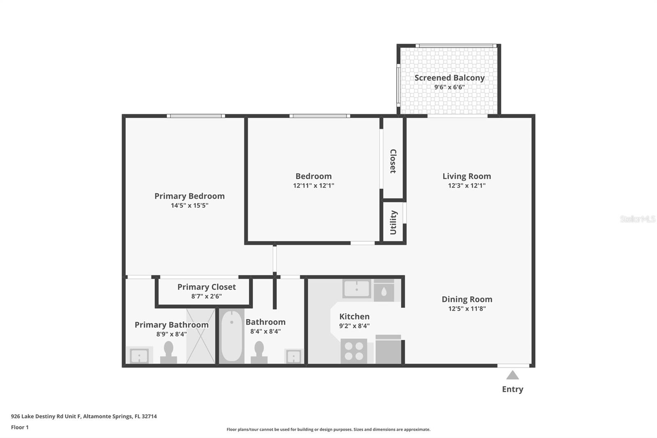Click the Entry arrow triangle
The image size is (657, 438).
coord(512,375)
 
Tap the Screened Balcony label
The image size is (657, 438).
coord(449,78)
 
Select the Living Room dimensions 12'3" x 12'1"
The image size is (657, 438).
coord(466,186)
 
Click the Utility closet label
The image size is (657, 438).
coord(393,222)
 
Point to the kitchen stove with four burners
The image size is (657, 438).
coord(354,351)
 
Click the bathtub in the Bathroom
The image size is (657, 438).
coord(232,336)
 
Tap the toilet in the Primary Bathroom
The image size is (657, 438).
coord(168,352)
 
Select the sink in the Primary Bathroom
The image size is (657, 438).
coord(139,355)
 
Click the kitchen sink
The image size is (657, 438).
coord(356,289)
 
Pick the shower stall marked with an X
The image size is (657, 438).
coord(200,336)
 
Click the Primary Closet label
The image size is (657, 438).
coord(207,287)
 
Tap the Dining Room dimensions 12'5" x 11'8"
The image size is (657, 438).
coord(467,309)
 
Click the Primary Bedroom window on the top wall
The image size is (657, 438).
coord(196,116)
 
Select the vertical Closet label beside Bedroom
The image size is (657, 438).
coord(393,161)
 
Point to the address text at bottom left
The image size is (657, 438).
coord(84,416)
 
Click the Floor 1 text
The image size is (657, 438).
coord(20,427)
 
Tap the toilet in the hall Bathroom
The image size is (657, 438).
coord(259,352)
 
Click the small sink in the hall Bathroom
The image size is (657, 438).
coord(294,356)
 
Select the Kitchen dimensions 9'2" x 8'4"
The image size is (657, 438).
coord(354,326)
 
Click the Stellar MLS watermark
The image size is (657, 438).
coord(637,219)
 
